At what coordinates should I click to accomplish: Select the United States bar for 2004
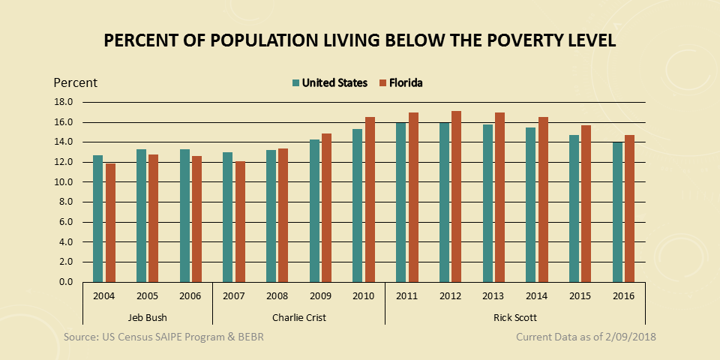tap(97, 218)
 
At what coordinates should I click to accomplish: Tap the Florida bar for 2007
tap(239, 221)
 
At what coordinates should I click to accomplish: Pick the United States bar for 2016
tap(617, 211)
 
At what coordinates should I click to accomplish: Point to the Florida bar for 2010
tap(370, 199)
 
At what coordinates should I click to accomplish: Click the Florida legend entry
tap(406, 82)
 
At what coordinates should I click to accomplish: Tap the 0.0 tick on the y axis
tap(65, 282)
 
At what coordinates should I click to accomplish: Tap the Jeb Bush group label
tap(147, 317)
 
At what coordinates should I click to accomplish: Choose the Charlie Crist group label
tap(299, 317)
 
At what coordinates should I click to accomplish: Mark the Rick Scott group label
tap(514, 317)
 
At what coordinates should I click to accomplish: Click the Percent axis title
tap(75, 82)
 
